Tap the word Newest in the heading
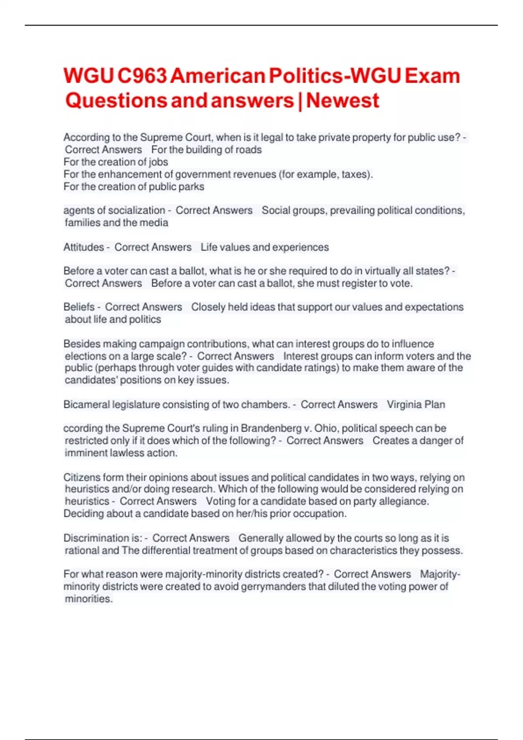click(343, 101)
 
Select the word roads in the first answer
click(248, 150)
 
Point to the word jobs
click(159, 162)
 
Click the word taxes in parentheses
click(356, 174)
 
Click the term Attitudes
click(84, 247)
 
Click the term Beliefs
click(79, 307)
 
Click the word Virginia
click(404, 404)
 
